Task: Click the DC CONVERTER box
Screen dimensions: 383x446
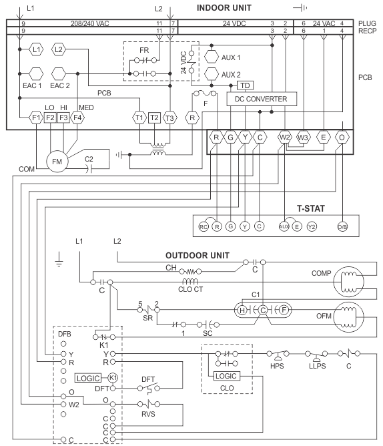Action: coord(262,99)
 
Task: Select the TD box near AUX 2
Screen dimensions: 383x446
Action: coord(245,85)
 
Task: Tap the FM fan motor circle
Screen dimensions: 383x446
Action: coord(57,162)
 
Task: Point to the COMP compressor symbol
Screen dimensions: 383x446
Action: coord(348,282)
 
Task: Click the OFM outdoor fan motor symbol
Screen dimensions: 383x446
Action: coord(348,317)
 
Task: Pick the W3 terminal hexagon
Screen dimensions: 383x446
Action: coord(304,138)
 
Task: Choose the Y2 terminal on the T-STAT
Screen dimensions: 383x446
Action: coord(312,227)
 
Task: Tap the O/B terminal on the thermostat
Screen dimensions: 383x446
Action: coord(342,227)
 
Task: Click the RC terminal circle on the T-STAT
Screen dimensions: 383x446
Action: coord(204,227)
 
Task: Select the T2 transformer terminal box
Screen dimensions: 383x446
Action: coord(154,118)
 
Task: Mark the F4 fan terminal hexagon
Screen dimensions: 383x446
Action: coord(77,118)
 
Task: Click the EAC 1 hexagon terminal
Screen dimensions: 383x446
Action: coord(36,73)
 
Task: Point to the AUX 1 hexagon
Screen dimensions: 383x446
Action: coord(212,57)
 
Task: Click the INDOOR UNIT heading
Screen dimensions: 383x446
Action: coord(224,8)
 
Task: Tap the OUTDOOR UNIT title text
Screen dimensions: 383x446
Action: coord(198,256)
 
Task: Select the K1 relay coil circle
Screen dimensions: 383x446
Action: coord(113,378)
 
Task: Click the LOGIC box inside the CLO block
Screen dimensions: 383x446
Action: coord(226,376)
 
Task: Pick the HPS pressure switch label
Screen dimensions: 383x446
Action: coord(277,366)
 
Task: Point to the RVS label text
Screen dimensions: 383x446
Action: coord(148,414)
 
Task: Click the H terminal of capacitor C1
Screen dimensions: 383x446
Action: coord(242,310)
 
